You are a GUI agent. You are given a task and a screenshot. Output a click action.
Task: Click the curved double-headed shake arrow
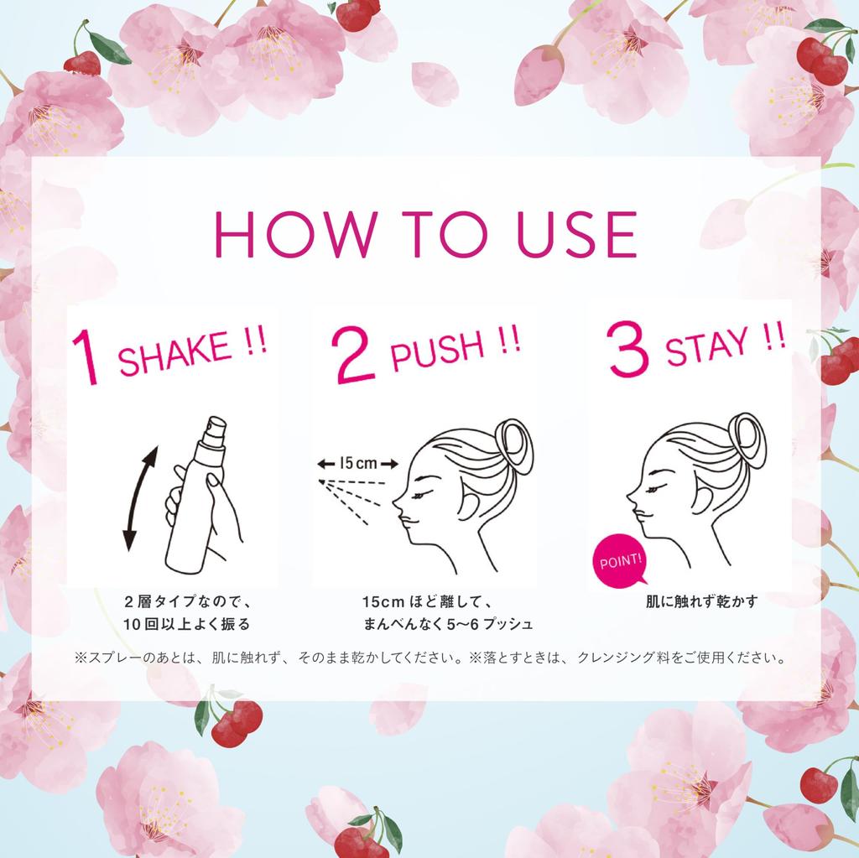pyautogui.click(x=139, y=498)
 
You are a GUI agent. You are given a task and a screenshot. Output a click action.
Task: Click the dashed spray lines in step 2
pyautogui.click(x=352, y=495)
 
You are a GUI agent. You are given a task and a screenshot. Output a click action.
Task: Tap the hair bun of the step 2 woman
pyautogui.click(x=513, y=445)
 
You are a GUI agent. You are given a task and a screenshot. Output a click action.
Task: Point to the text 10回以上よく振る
pyautogui.click(x=186, y=624)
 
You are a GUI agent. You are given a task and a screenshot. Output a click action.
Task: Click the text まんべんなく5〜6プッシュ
pyautogui.click(x=448, y=624)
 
